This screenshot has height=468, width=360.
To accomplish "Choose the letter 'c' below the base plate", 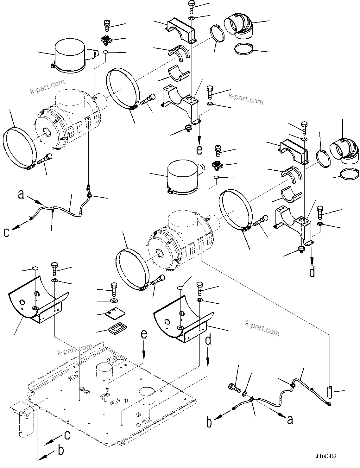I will tap(67, 435).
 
